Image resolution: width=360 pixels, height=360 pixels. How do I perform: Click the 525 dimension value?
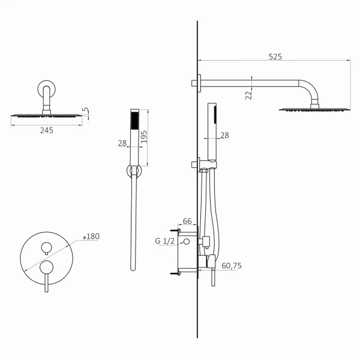coord(275,56)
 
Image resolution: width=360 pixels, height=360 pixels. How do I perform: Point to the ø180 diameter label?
coord(91,236)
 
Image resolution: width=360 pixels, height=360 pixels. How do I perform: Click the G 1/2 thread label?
coord(165,242)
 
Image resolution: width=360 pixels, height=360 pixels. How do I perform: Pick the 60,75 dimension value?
coord(232,265)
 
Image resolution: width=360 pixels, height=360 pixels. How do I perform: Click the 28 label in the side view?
coord(225,136)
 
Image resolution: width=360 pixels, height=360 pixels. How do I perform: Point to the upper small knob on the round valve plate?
coord(45,247)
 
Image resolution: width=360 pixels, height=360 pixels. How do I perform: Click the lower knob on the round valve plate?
coord(45,266)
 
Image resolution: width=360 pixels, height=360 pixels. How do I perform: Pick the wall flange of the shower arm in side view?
coord(196,83)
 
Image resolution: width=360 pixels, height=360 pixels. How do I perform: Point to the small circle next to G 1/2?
coord(187,242)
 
